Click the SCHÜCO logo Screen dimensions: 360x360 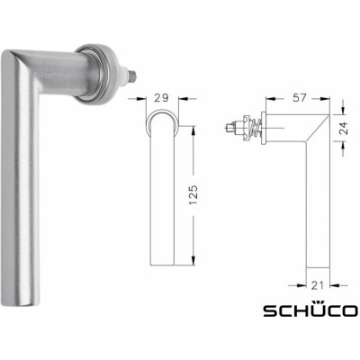tap(309, 311)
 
